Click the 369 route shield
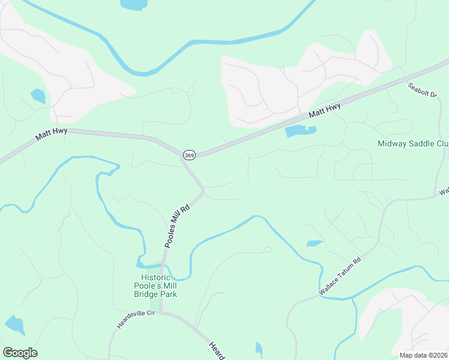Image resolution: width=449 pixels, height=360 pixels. point(188,154)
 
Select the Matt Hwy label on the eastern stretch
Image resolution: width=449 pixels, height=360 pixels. point(325,112)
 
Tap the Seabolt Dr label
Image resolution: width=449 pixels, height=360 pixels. point(423,94)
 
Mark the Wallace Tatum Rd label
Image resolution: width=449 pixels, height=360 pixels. point(340,276)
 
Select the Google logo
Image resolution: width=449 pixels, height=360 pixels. point(20,353)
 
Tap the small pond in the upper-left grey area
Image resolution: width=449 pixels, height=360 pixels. point(38,96)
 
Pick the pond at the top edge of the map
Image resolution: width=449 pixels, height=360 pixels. point(133,5)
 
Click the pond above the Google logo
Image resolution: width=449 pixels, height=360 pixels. point(14,324)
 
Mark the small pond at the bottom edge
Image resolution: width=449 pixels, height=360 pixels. point(259,348)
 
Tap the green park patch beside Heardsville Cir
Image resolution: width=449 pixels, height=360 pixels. point(155,304)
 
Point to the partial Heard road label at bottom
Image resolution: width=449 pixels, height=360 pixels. point(217,350)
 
